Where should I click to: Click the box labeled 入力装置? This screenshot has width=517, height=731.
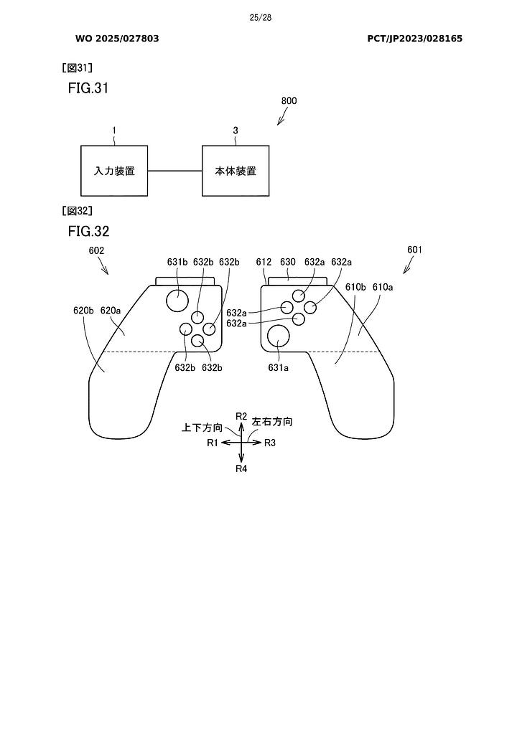point(114,171)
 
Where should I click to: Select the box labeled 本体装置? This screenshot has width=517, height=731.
point(236,171)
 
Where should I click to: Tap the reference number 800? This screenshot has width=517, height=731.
point(289,101)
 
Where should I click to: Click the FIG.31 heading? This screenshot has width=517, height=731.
point(88,88)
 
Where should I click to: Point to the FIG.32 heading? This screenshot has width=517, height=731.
point(88,231)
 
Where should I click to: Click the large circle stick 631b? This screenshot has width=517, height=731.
point(177,301)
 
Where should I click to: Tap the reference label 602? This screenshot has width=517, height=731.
point(98,251)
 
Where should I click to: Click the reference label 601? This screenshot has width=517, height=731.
point(414,250)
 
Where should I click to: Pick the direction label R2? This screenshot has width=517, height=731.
point(241,416)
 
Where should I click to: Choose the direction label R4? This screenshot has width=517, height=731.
point(241,468)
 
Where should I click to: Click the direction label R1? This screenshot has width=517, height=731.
point(212,443)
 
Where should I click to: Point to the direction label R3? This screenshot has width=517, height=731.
point(270,443)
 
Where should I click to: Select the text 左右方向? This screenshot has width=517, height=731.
point(272,423)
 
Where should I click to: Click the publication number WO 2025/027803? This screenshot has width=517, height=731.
point(117,38)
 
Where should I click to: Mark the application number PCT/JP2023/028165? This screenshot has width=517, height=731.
point(414,38)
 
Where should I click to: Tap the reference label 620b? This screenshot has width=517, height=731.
point(83,311)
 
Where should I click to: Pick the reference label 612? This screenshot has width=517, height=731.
point(264,262)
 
